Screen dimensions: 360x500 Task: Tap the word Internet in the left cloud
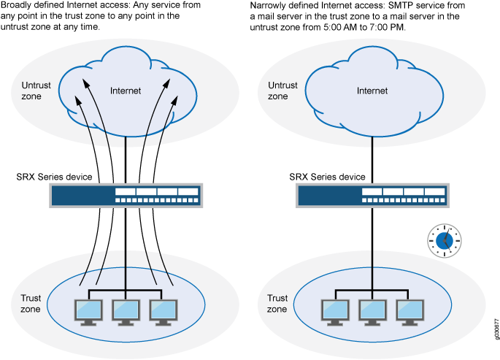[x=126, y=91]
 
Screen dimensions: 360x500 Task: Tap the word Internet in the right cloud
[x=372, y=91]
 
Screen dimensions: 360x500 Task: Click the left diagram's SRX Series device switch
[x=126, y=195]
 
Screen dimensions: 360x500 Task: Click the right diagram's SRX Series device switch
[x=372, y=195]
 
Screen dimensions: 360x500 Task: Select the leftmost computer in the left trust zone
[x=89, y=310]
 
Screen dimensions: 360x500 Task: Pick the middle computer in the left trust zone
[x=126, y=310]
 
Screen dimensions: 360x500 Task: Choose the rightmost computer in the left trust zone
[x=162, y=310]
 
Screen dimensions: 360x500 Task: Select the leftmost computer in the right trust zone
[x=336, y=310]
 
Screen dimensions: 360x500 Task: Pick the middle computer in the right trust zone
[x=372, y=310]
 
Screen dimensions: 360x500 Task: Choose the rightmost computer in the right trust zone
[x=409, y=310]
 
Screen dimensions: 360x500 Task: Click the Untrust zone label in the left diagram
[x=31, y=91]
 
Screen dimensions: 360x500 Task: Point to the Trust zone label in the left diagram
[x=31, y=304]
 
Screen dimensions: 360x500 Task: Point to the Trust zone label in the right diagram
[x=277, y=304]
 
